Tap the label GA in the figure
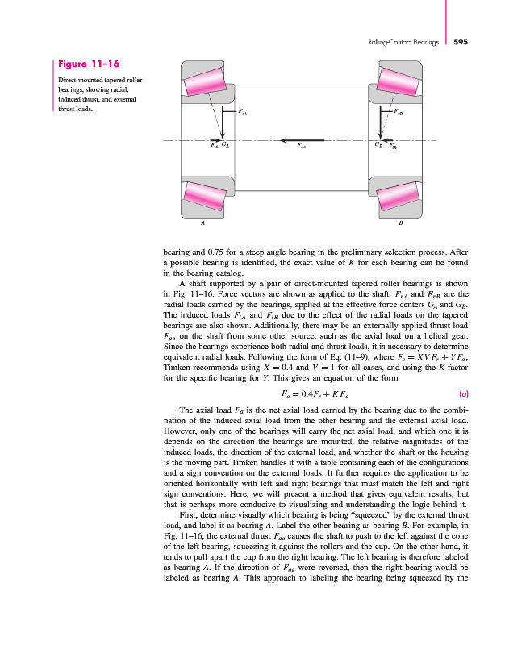tap(226, 146)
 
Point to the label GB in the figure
tap(378, 146)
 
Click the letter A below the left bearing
tap(202, 223)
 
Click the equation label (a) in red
tap(465, 394)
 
